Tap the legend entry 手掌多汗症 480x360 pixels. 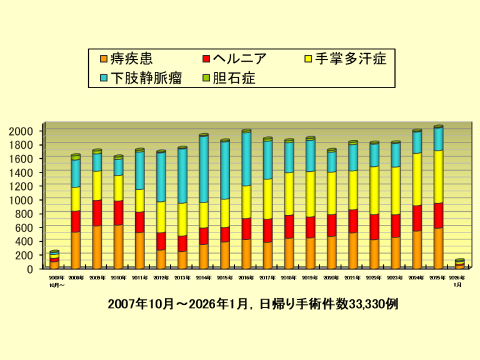[x=350, y=59]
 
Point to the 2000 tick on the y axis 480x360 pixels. [x=25, y=131]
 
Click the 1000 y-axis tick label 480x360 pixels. [x=25, y=200]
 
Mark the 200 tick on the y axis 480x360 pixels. [x=28, y=255]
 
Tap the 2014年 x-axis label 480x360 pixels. [x=204, y=277]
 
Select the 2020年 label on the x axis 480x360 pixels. [x=332, y=277]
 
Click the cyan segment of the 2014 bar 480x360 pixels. [x=204, y=169]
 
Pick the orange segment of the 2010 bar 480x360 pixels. [x=118, y=246]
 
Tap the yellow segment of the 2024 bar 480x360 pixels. [x=417, y=179]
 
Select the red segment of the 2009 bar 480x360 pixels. [x=97, y=212]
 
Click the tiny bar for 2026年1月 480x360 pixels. [x=459, y=264]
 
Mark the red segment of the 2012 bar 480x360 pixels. [x=161, y=241]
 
